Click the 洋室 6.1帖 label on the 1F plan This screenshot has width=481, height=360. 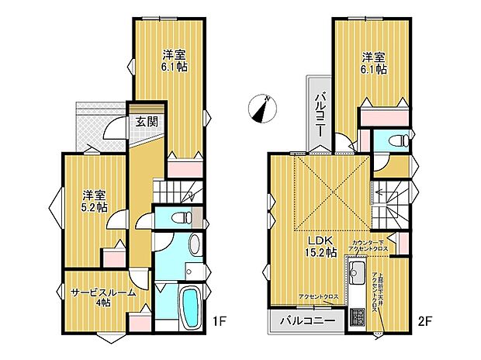tap(175, 61)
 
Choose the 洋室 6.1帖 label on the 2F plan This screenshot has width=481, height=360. tap(373, 62)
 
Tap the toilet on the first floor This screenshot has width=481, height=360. tap(181, 218)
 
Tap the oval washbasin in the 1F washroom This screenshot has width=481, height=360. tap(196, 271)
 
